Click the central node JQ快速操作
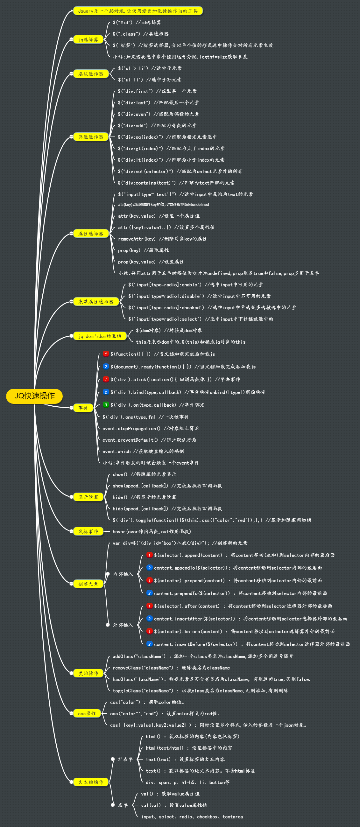(34, 396)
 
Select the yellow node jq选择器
(88, 39)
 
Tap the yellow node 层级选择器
(91, 74)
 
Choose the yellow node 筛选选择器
(91, 137)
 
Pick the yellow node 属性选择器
(91, 233)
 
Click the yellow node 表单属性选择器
(96, 301)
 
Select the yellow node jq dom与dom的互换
(100, 336)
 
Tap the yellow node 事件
(83, 408)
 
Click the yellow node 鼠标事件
(88, 531)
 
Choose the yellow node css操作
(87, 713)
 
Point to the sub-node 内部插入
(123, 574)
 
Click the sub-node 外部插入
(123, 625)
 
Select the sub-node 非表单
(125, 759)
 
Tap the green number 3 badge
(106, 405)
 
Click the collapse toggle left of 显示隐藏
(71, 497)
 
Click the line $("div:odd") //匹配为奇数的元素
(157, 125)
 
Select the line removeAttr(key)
(162, 239)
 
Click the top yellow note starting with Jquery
(138, 11)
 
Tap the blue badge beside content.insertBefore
(149, 644)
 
